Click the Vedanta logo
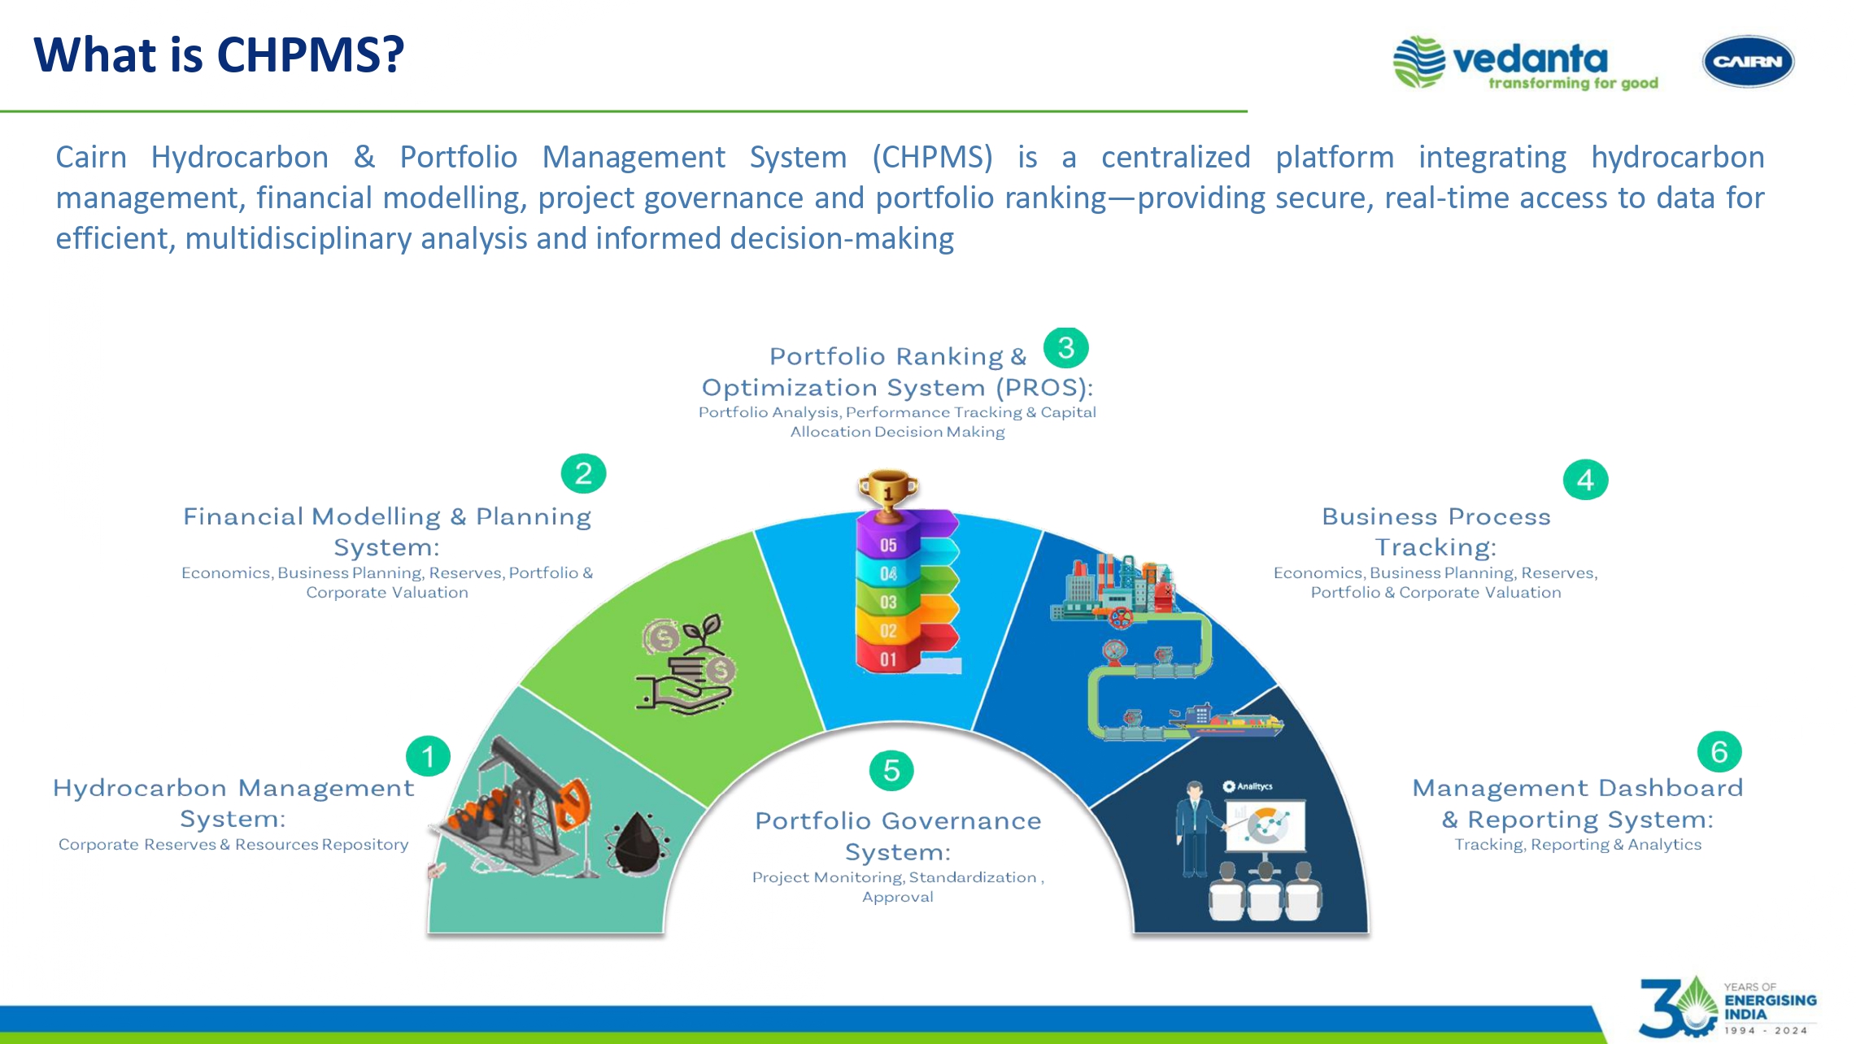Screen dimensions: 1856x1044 tap(1525, 62)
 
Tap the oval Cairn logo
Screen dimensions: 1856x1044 tap(1748, 61)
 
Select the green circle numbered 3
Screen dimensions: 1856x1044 tap(1065, 348)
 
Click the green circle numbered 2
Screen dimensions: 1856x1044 tap(583, 473)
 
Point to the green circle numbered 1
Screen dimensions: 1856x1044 tap(428, 757)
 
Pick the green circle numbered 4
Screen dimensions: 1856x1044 tap(1585, 480)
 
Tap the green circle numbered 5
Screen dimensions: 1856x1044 tap(891, 770)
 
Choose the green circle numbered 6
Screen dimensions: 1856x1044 tap(1719, 751)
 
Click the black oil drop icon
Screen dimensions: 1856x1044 tap(638, 843)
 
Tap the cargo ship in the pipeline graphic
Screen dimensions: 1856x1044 tap(1228, 720)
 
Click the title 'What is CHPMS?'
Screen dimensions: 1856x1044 tap(219, 55)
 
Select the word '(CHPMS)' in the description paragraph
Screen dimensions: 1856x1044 tap(932, 158)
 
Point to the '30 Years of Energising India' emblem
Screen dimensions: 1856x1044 tap(1727, 1007)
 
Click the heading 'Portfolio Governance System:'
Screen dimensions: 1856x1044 tap(898, 836)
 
